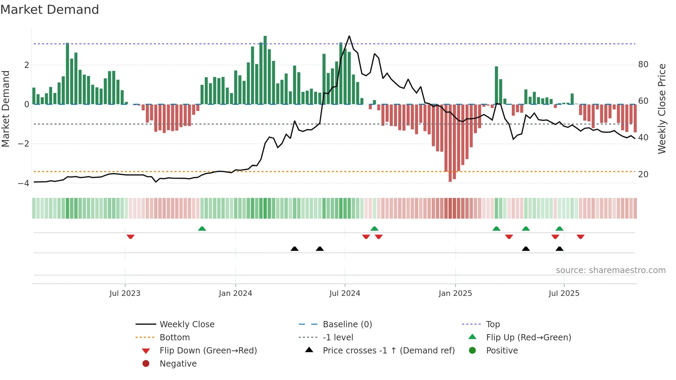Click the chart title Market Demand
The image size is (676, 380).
[50, 10]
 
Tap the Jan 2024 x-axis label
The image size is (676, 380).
[235, 293]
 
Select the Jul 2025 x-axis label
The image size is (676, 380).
[564, 293]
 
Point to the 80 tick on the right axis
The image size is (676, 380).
[643, 64]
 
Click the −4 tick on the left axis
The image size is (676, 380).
[23, 183]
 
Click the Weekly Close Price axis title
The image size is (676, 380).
[662, 109]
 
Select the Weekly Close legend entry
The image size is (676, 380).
[187, 324]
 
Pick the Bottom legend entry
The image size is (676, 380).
[175, 338]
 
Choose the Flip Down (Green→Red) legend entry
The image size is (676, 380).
[208, 351]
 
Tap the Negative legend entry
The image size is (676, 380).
[178, 364]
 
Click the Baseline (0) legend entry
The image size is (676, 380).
[347, 324]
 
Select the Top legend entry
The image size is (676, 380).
[493, 324]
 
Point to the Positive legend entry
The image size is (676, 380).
[502, 351]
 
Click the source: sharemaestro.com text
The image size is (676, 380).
[610, 270]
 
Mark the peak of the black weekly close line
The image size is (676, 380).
[349, 36]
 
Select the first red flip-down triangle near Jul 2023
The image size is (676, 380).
[130, 237]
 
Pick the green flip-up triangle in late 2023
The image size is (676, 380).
[202, 229]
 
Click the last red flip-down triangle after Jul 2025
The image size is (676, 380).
[580, 237]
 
